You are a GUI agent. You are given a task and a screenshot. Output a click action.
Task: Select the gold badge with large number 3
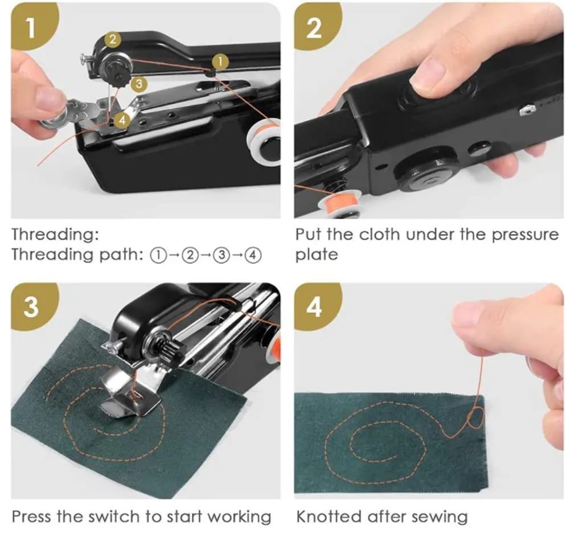(x=32, y=306)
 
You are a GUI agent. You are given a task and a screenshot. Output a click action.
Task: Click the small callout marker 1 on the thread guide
(x=221, y=61)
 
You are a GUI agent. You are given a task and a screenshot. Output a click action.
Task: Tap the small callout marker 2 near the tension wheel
(x=113, y=39)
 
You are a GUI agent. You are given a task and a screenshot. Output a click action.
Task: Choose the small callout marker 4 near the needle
(x=122, y=120)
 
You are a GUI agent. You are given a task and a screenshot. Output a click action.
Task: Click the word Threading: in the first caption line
(x=56, y=235)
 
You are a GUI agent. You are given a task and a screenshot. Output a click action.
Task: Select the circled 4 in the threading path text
(x=253, y=256)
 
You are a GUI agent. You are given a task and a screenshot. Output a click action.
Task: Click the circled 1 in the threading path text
(x=158, y=256)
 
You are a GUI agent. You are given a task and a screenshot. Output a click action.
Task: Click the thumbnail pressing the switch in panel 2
(x=428, y=76)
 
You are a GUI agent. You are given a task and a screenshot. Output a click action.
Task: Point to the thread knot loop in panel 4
(x=476, y=418)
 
